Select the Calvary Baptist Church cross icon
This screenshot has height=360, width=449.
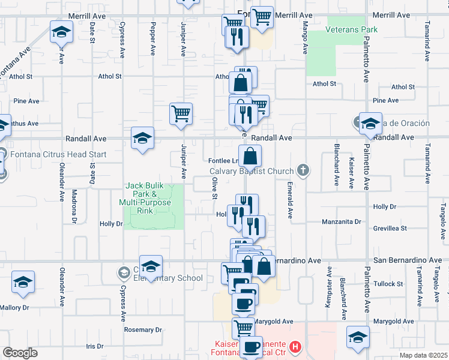point(304,170)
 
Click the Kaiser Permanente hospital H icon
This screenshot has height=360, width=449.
point(295,346)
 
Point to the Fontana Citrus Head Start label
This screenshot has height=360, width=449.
point(58,154)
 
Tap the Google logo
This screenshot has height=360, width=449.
point(20,352)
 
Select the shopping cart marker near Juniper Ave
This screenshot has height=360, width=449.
point(181,112)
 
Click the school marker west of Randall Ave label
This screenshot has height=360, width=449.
point(143,138)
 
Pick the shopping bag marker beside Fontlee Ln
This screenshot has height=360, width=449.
point(250,157)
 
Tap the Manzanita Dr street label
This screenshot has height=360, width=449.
point(340,221)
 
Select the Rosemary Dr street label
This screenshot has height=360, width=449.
point(143,329)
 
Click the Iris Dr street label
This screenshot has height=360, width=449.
point(95,346)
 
